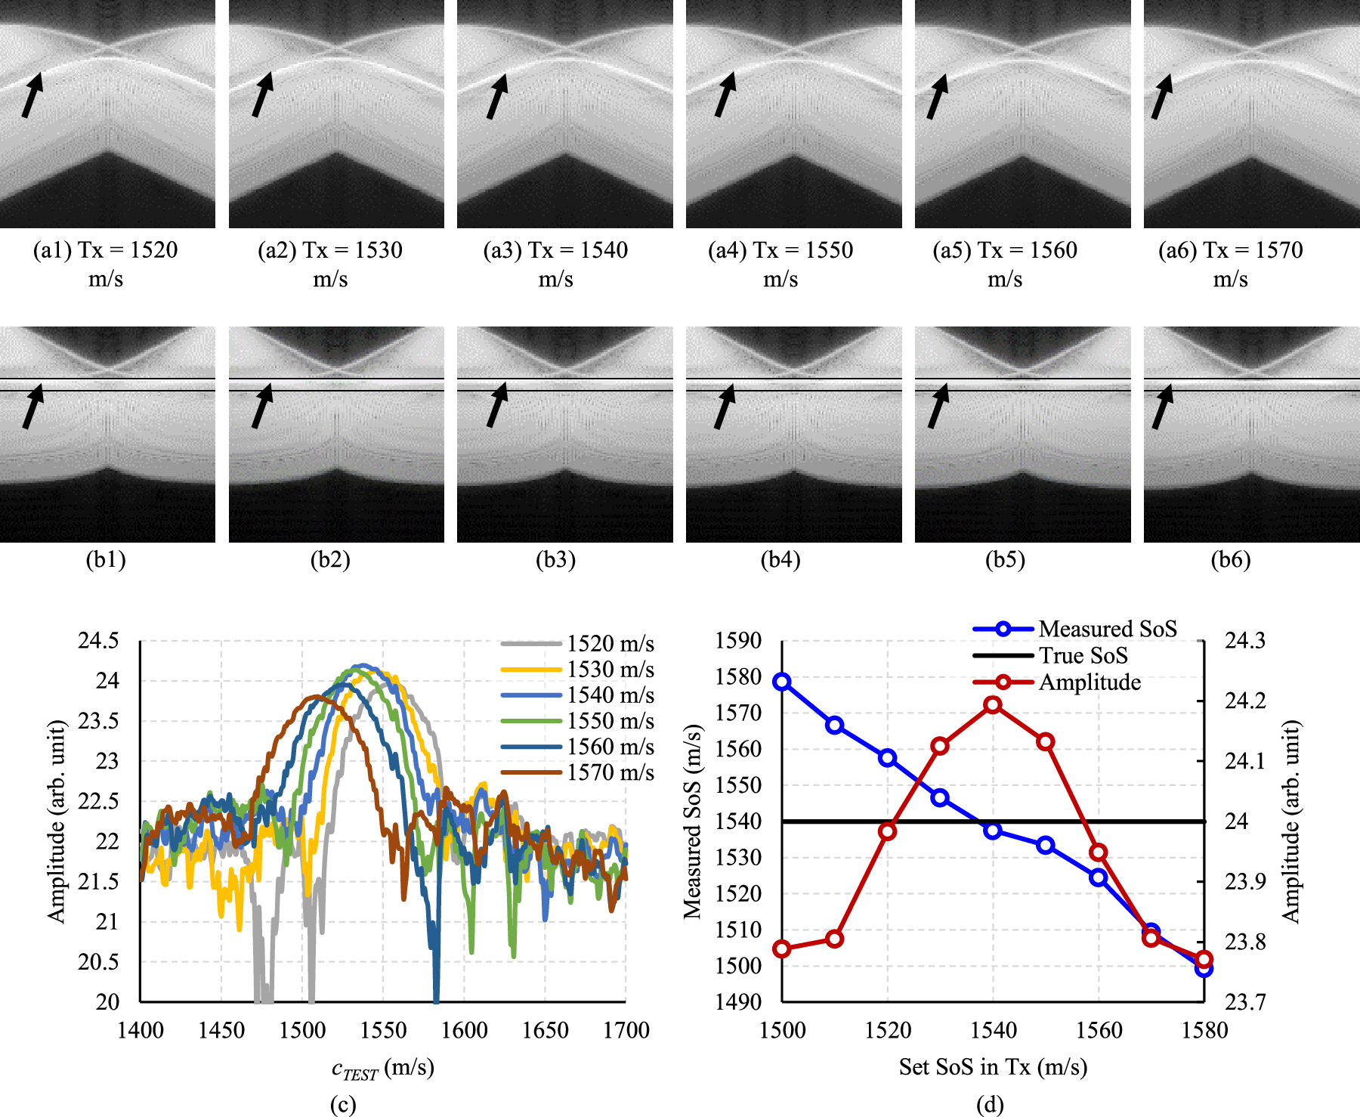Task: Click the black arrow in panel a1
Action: pyautogui.click(x=32, y=94)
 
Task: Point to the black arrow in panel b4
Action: pyautogui.click(x=725, y=407)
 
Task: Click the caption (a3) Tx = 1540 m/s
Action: pyautogui.click(x=555, y=264)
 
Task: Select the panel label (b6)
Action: pyautogui.click(x=1230, y=560)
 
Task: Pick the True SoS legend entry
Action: pyautogui.click(x=1051, y=655)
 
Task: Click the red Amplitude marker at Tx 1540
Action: pyautogui.click(x=993, y=705)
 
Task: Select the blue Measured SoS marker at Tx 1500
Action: pyautogui.click(x=782, y=682)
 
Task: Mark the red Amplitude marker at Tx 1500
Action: pyautogui.click(x=782, y=948)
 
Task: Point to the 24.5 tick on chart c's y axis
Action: pyautogui.click(x=98, y=641)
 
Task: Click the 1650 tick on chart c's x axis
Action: pyautogui.click(x=545, y=1030)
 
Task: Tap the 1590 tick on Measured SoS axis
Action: pyautogui.click(x=738, y=641)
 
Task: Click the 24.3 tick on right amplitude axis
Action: pyautogui.click(x=1244, y=641)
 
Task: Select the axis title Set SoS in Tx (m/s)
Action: pyautogui.click(x=993, y=1067)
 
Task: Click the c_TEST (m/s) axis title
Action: pyautogui.click(x=382, y=1069)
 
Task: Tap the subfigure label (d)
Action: pyautogui.click(x=990, y=1105)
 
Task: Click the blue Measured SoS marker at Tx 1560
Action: pyautogui.click(x=1099, y=877)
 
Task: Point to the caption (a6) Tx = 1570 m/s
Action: pyautogui.click(x=1230, y=264)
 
